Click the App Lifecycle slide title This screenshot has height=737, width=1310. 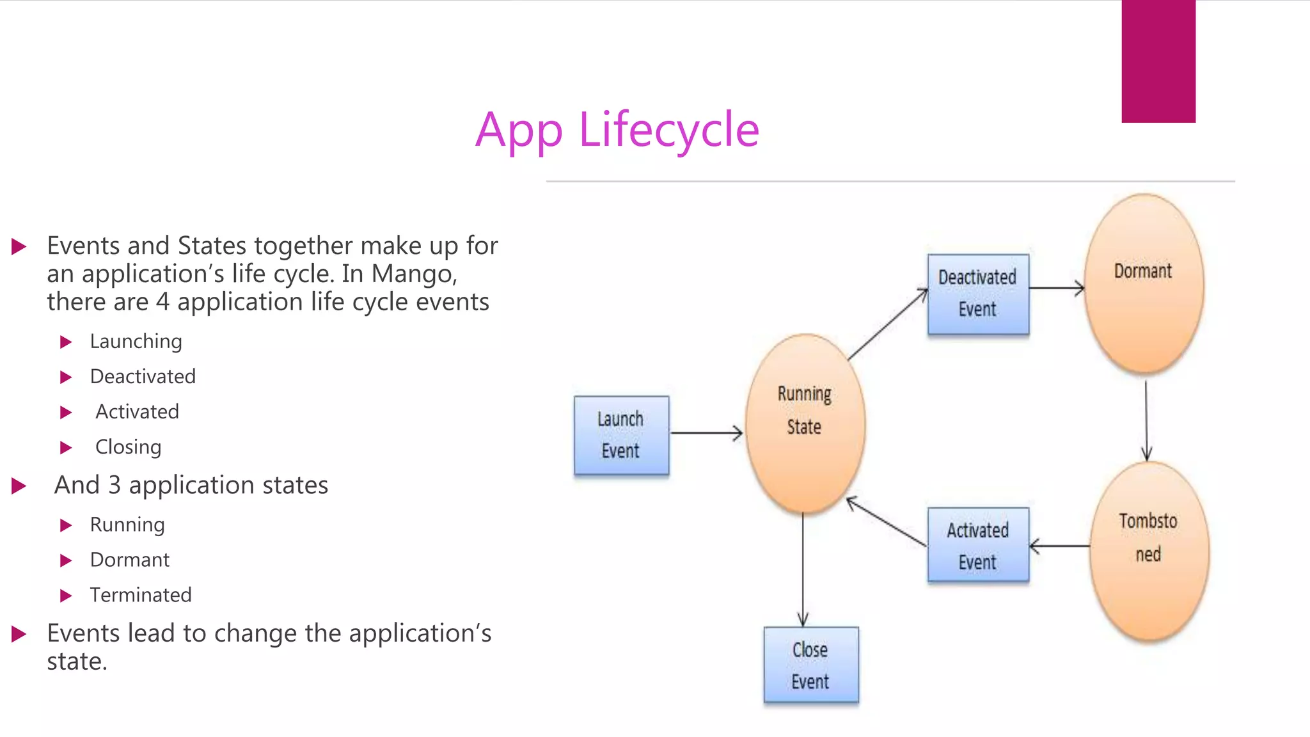tap(617, 131)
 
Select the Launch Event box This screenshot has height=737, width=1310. tap(621, 435)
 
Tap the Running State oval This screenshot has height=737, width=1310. tap(805, 424)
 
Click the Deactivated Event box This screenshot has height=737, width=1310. tap(978, 294)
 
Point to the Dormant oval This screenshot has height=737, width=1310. tap(1144, 283)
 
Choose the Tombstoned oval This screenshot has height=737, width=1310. tap(1149, 550)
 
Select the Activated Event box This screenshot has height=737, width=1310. tap(978, 545)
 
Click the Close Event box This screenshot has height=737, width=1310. tap(810, 665)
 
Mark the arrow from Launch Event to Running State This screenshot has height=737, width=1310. tap(706, 433)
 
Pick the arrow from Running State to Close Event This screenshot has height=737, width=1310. tap(803, 569)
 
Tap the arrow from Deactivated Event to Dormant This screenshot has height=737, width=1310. tap(1057, 289)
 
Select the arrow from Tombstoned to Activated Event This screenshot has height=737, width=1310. tap(1059, 546)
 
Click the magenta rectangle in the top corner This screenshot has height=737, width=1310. tap(1158, 61)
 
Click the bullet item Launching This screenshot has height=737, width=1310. tap(136, 342)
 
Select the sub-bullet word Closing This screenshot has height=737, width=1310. tap(128, 447)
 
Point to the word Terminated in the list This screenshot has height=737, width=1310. tap(141, 595)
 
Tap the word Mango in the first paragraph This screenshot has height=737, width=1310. tap(413, 274)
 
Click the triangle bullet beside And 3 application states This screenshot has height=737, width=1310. tap(19, 486)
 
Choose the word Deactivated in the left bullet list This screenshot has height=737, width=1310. tap(143, 377)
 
